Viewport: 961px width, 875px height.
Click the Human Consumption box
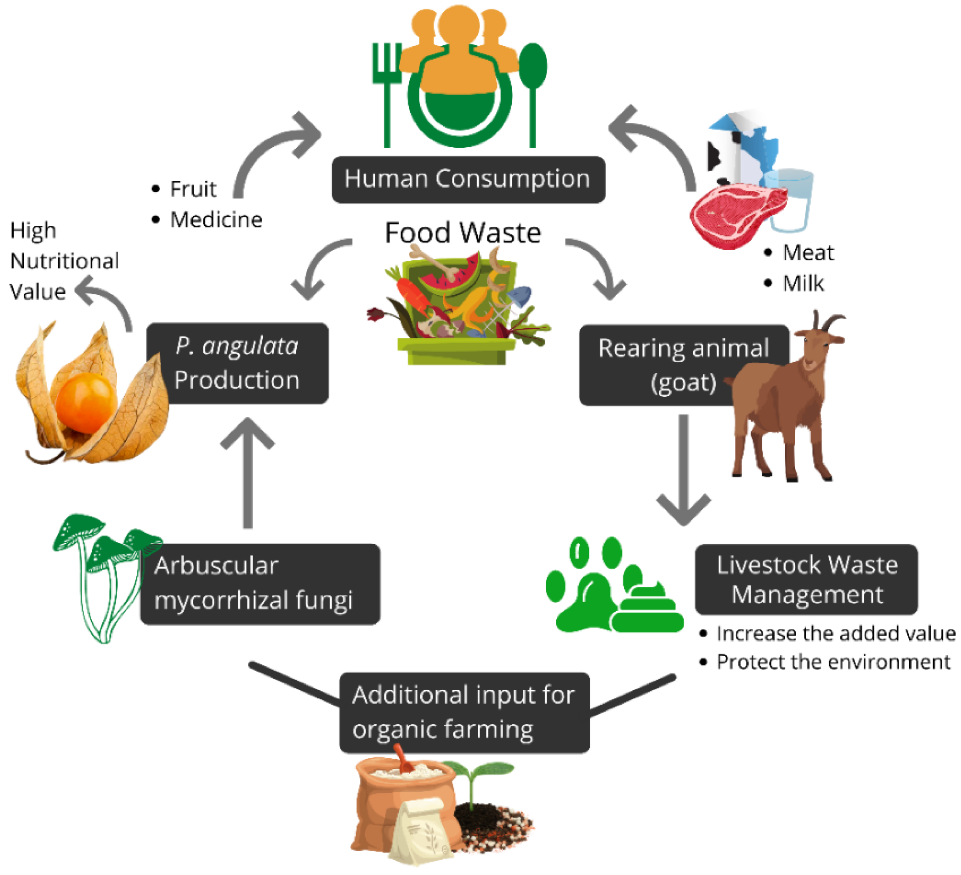pyautogui.click(x=468, y=180)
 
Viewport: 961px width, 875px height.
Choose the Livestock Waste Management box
pyautogui.click(x=807, y=579)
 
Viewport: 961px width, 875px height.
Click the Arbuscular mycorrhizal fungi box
pyautogui.click(x=260, y=584)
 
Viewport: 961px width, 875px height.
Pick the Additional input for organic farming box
pyautogui.click(x=464, y=713)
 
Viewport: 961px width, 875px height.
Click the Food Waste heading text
pyautogui.click(x=463, y=232)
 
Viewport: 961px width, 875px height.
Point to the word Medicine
pyautogui.click(x=217, y=220)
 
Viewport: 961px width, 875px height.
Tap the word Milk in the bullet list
pyautogui.click(x=803, y=284)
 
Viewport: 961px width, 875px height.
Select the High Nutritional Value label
pyautogui.click(x=64, y=261)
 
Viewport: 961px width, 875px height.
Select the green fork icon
pyautogui.click(x=386, y=91)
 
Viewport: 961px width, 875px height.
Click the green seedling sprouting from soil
pyautogui.click(x=477, y=777)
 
